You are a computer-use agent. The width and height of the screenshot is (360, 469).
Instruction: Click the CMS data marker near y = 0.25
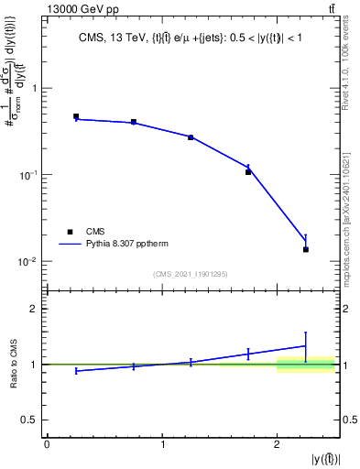point(76,116)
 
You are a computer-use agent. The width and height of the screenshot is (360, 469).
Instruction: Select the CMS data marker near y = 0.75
point(134,122)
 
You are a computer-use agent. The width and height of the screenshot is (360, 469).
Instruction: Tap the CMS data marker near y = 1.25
point(191,137)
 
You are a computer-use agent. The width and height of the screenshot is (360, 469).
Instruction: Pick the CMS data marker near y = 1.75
point(248,172)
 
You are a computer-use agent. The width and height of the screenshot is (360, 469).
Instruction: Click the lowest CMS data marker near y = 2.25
point(306,249)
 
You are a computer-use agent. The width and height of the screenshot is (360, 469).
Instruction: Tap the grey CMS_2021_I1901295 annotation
point(191,274)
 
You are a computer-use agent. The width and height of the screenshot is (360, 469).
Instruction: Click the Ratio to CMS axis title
point(15,365)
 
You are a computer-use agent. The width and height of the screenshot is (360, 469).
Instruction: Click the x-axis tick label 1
point(162,445)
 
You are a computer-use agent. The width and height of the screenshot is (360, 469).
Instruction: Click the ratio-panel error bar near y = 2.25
point(306,345)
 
